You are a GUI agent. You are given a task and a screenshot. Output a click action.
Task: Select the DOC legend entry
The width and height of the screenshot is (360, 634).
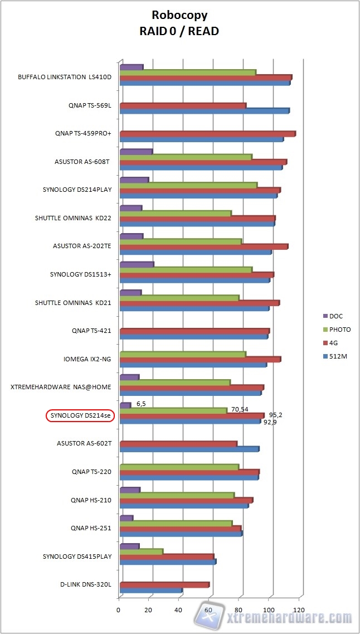click(x=335, y=316)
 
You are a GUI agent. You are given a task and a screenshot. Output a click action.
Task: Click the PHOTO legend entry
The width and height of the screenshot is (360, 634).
click(x=339, y=330)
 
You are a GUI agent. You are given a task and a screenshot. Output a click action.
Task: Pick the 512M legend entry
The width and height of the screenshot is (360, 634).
click(x=338, y=356)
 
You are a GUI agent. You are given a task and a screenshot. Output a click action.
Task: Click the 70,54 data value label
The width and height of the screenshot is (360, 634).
click(x=240, y=409)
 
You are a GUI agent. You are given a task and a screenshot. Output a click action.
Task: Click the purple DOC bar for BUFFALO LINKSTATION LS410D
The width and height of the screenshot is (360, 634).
click(x=131, y=67)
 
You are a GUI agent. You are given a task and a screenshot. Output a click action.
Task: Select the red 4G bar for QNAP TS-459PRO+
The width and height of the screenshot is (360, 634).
click(x=207, y=134)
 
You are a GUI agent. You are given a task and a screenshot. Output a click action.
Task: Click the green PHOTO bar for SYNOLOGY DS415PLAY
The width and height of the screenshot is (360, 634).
click(x=141, y=551)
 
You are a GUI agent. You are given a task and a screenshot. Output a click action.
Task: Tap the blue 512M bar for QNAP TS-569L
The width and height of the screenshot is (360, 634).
click(x=204, y=111)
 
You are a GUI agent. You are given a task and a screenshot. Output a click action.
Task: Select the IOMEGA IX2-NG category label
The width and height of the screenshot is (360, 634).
click(x=87, y=359)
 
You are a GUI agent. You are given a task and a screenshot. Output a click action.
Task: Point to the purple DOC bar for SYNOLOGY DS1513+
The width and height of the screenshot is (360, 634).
click(x=137, y=264)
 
